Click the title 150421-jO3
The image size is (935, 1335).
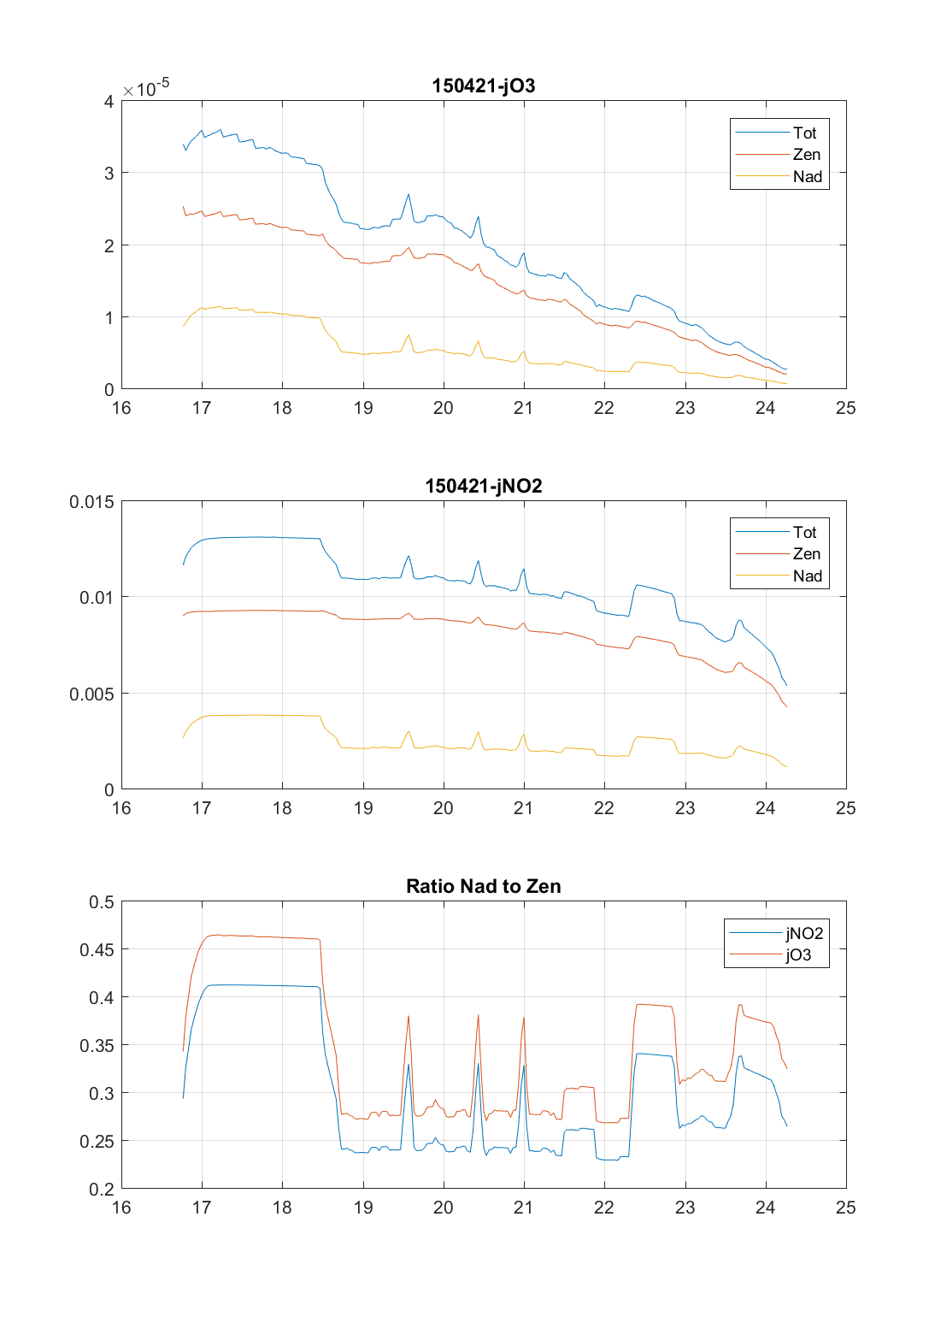[483, 86]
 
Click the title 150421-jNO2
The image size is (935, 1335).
[483, 486]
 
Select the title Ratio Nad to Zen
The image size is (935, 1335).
[483, 886]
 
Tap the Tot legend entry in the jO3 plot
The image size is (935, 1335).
[804, 133]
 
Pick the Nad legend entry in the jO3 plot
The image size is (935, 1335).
[807, 177]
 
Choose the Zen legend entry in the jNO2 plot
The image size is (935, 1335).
[806, 554]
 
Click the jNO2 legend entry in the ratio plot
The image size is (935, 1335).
[803, 933]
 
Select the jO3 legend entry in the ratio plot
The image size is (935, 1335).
[798, 955]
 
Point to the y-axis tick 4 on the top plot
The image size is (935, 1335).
[109, 102]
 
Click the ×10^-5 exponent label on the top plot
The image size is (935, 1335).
[145, 88]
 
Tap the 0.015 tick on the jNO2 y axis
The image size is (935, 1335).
[91, 501]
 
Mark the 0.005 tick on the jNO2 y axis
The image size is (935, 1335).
[91, 694]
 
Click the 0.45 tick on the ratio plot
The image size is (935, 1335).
[97, 949]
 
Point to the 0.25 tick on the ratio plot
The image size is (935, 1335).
[97, 1142]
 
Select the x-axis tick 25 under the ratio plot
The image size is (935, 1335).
[845, 1208]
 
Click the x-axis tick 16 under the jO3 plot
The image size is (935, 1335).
[121, 408]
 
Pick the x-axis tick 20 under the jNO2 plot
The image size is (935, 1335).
[443, 808]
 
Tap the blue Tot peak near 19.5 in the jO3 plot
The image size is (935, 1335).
[409, 194]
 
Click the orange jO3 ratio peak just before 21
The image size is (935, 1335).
[524, 1018]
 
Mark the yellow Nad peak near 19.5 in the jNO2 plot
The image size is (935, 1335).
[409, 731]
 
